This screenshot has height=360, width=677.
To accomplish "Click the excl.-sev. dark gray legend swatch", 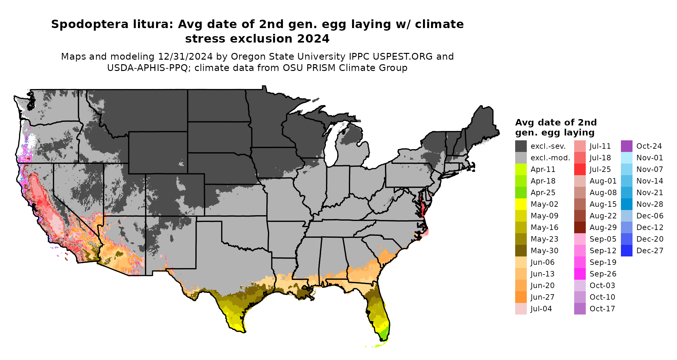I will pos(521,146).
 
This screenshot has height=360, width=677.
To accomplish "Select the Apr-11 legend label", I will pos(543,169).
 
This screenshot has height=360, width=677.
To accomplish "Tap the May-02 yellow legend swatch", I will pos(521,204).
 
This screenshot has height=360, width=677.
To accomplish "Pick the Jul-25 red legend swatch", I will pos(580,169).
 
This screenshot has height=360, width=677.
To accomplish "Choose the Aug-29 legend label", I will pos(603,227).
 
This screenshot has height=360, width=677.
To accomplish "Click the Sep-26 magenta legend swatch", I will pos(580,274).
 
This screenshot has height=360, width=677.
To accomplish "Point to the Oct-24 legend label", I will pos(649,146).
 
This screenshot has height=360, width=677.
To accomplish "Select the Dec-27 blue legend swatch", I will pos(626,251).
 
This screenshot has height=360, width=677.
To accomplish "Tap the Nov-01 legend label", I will pos(650,158).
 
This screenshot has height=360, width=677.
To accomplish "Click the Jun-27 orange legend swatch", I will pos(521,297).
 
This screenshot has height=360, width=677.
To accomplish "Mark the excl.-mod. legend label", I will pos(550,158).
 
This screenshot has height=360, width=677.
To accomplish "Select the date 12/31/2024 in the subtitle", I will pos(185,57).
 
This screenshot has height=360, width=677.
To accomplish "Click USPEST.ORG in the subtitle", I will pos(403,57).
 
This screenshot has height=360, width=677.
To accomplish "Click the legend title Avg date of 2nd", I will pos(556,123).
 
